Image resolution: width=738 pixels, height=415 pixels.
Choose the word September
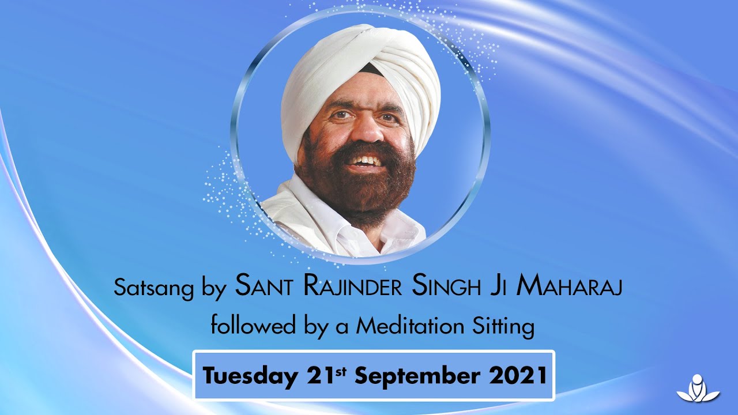416,376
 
